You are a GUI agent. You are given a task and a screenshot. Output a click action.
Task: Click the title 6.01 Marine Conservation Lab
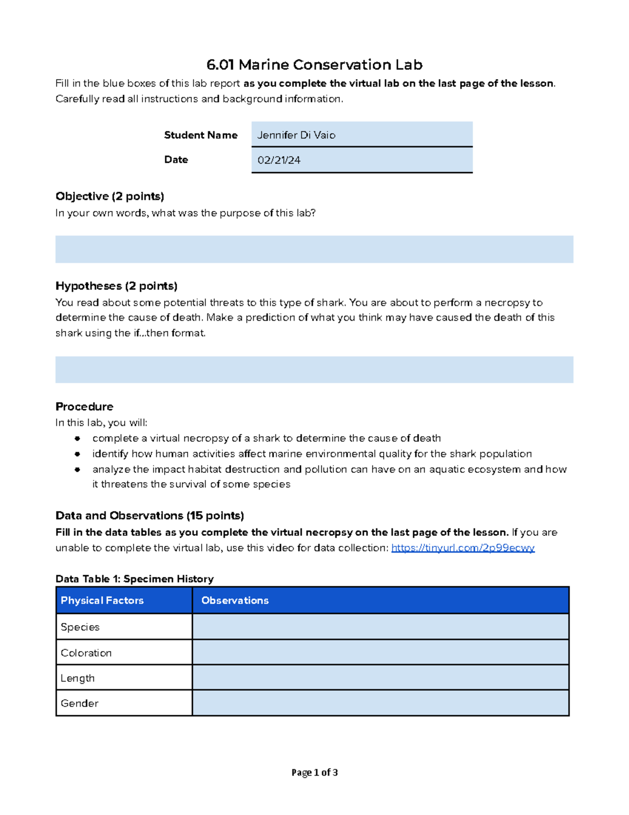314,65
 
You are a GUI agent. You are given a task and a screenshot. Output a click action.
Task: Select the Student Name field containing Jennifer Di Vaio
362,134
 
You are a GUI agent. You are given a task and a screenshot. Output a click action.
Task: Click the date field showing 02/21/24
362,160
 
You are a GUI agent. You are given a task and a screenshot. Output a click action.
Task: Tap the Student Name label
200,135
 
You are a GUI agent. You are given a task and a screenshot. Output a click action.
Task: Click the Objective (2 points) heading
110,196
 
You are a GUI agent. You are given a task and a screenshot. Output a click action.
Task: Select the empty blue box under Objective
314,249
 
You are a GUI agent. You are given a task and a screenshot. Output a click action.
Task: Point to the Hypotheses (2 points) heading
116,286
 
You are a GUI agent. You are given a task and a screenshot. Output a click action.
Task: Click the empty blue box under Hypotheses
314,369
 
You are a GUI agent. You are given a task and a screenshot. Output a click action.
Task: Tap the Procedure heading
84,407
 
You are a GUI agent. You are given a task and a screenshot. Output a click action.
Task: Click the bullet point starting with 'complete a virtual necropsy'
266,438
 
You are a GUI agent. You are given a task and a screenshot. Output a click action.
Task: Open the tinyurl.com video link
463,548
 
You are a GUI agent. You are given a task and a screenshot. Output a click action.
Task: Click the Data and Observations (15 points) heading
149,515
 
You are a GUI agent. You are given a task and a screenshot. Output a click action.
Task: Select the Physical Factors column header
102,600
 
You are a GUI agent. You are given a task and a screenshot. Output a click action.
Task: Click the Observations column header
235,600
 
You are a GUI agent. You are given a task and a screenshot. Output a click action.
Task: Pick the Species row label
80,627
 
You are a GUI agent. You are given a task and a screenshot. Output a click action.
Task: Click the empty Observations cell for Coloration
380,652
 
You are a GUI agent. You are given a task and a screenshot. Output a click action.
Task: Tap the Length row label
78,678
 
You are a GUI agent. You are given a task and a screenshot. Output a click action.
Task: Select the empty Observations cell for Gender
380,703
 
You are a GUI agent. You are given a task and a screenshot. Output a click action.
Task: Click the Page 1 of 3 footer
314,772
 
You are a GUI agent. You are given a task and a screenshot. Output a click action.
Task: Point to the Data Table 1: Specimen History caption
135,579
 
